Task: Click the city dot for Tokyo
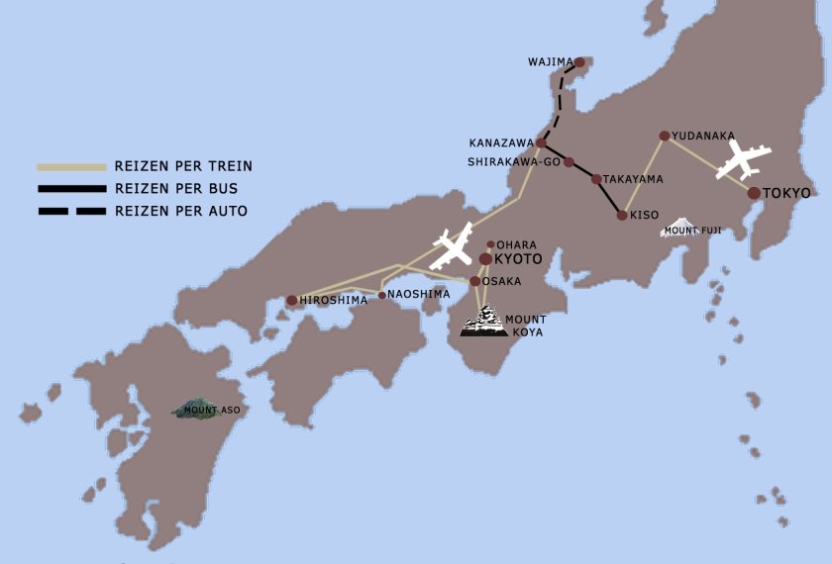pyautogui.click(x=755, y=193)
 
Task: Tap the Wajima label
pyautogui.click(x=551, y=62)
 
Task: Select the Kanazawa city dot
pyautogui.click(x=541, y=143)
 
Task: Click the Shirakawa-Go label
pyautogui.click(x=514, y=162)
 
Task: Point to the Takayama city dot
pyautogui.click(x=596, y=179)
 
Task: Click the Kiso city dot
pyautogui.click(x=622, y=215)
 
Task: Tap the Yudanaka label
pyautogui.click(x=703, y=136)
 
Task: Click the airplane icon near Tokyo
pyautogui.click(x=744, y=159)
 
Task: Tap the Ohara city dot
pyautogui.click(x=490, y=244)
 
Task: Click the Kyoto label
pyautogui.click(x=518, y=259)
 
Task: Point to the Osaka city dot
pyautogui.click(x=475, y=282)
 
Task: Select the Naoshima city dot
pyautogui.click(x=382, y=295)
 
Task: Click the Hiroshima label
pyautogui.click(x=334, y=301)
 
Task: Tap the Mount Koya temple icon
pyautogui.click(x=484, y=322)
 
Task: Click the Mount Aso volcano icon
pyautogui.click(x=198, y=408)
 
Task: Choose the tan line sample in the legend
pyautogui.click(x=71, y=166)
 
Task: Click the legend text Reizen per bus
pyautogui.click(x=176, y=188)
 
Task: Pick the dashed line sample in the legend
pyautogui.click(x=71, y=211)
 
